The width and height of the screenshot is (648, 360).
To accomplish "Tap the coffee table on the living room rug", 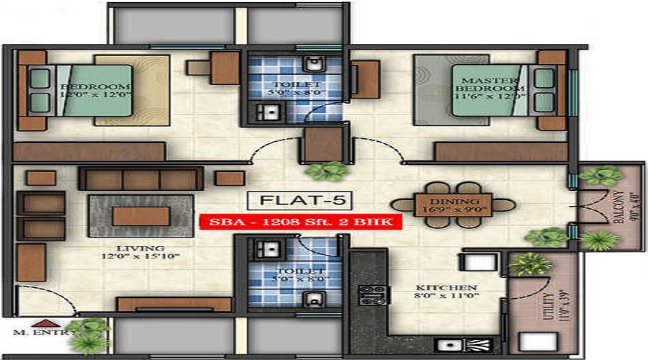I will pyautogui.click(x=140, y=216).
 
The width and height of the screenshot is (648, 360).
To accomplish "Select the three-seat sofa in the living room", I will pyautogui.click(x=140, y=179).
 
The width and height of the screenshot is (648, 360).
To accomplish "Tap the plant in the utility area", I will pyautogui.click(x=531, y=264).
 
